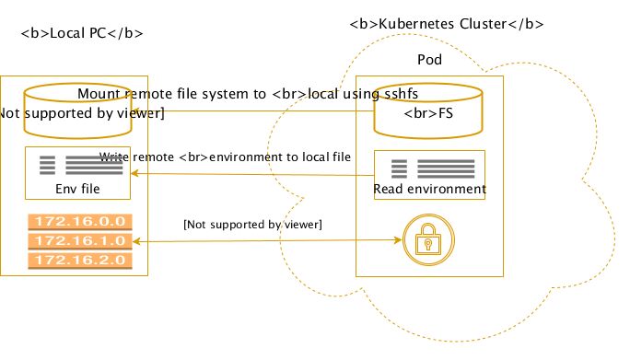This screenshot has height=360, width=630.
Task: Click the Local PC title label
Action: tap(81, 34)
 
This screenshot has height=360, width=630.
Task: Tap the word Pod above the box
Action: tap(429, 59)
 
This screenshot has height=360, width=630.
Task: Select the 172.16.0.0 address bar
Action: tap(78, 222)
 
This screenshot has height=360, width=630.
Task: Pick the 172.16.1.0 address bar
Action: tap(78, 241)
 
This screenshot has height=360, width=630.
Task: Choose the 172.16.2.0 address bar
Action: tap(78, 261)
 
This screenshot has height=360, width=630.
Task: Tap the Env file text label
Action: tap(77, 189)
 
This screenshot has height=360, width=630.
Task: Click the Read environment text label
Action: tap(429, 189)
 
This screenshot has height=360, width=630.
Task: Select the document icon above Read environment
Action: tap(429, 168)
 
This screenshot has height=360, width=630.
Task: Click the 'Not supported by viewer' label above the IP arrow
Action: tap(257, 224)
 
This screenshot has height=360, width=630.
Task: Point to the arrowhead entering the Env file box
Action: tap(134, 174)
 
